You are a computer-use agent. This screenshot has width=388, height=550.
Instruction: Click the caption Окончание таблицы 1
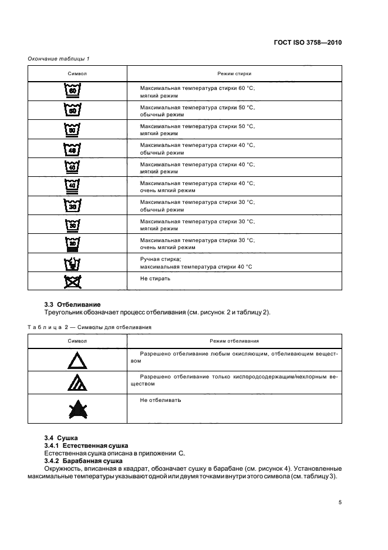click(58, 58)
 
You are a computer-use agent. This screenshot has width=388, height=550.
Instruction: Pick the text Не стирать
click(156, 278)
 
